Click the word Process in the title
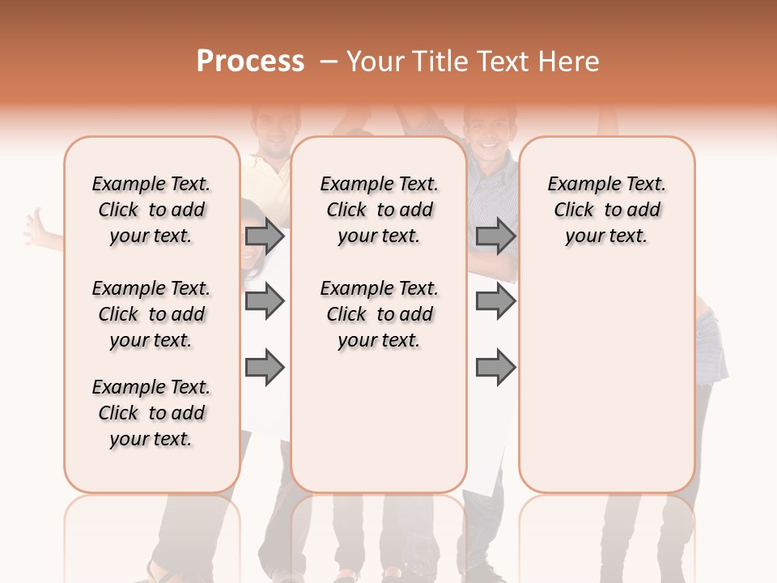tap(250, 62)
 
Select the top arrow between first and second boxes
tap(265, 236)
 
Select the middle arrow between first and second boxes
tap(265, 301)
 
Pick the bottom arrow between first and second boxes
tap(265, 368)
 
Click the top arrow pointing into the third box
tap(495, 236)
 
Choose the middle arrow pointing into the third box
tap(495, 301)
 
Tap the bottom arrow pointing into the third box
tap(495, 368)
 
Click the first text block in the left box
tap(151, 210)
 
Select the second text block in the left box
tap(151, 314)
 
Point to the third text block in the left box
tap(151, 413)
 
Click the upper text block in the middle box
tap(380, 210)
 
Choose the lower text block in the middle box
tap(380, 314)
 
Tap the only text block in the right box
tap(607, 210)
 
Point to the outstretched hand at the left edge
tap(36, 229)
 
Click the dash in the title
tap(329, 62)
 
